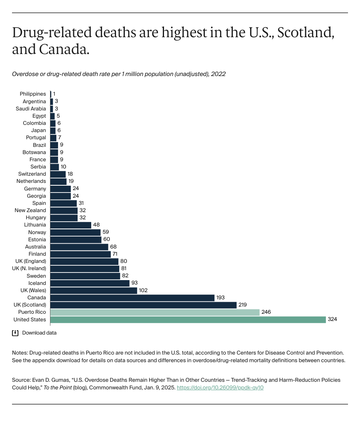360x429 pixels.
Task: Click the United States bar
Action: click(188, 319)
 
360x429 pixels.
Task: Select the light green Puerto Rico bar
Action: click(155, 312)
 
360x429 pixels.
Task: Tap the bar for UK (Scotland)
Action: click(144, 305)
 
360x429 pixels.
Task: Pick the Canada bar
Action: click(132, 298)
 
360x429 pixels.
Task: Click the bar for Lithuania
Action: click(71, 225)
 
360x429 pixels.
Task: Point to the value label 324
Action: click(332, 319)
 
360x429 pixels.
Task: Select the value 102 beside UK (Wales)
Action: click(143, 290)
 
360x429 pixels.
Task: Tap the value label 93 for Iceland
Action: click(135, 283)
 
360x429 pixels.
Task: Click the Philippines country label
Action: click(33, 94)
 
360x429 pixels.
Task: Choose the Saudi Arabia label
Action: click(31, 108)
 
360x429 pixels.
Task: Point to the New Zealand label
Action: click(30, 210)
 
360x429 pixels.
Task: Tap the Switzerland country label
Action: click(32, 174)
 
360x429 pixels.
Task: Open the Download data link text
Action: click(39, 333)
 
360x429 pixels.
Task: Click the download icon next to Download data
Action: click(16, 333)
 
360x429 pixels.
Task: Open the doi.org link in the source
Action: click(220, 387)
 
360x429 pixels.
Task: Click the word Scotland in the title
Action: click(306, 33)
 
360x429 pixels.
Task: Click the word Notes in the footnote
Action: click(20, 353)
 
